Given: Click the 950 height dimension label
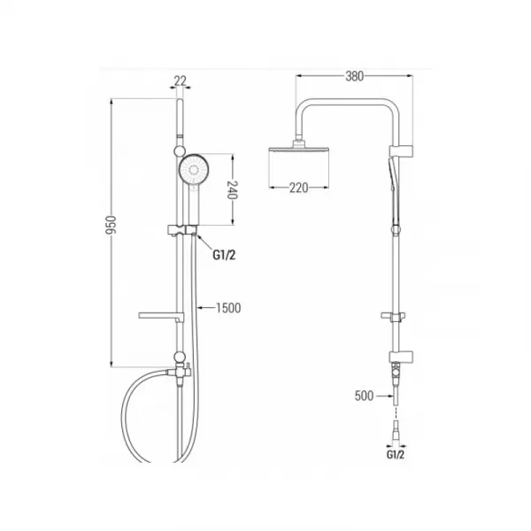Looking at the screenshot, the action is click(x=112, y=225).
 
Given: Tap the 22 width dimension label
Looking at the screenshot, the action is click(x=181, y=81).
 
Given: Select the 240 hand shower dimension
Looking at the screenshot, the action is click(x=232, y=190).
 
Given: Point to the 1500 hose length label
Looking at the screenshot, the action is click(x=228, y=308).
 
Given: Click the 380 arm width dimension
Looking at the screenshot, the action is click(x=355, y=76).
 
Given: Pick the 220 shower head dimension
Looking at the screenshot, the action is click(x=299, y=188).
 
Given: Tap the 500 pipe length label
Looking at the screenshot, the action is click(x=364, y=396).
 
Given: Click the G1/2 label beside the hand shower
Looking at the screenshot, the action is click(x=224, y=255).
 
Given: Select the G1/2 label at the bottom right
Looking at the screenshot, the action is click(x=396, y=455).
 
